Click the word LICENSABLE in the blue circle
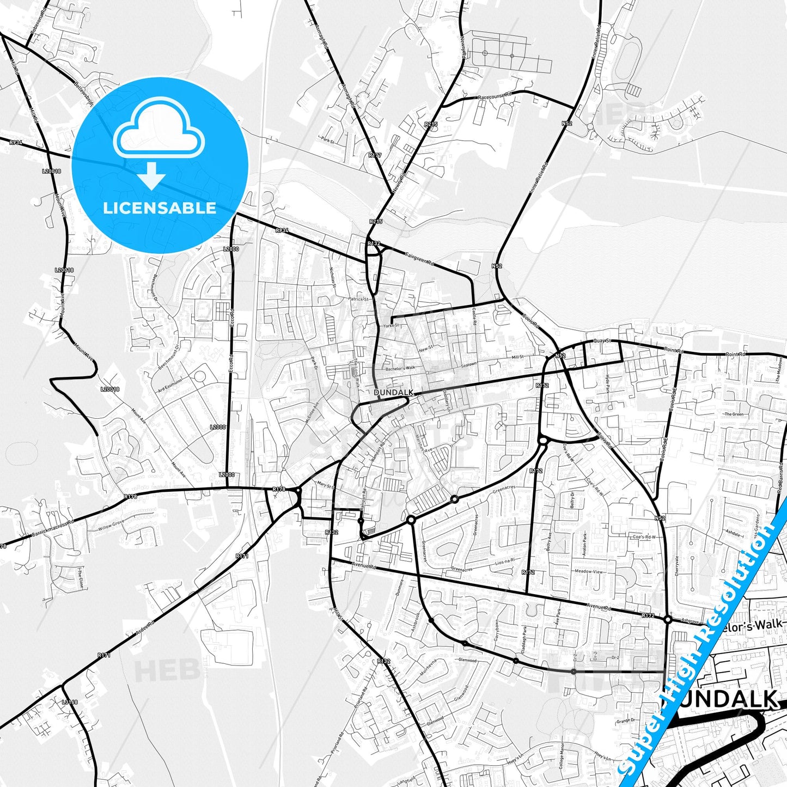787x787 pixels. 160,208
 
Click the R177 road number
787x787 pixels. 375,155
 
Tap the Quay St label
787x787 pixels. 603,341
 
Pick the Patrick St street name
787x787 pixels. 359,299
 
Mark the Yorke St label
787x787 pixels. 391,325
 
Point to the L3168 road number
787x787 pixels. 70,702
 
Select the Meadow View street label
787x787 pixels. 589,572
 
